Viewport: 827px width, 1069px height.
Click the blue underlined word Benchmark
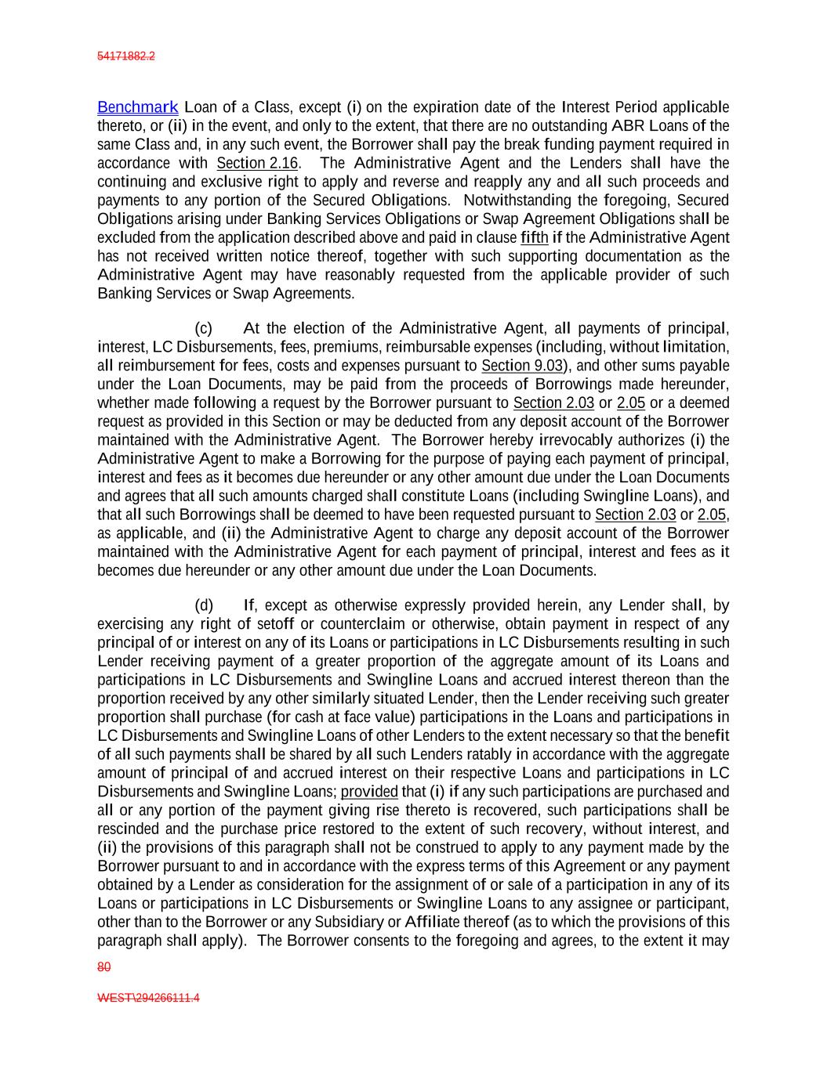pos(137,107)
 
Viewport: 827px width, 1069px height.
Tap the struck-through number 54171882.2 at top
pos(125,56)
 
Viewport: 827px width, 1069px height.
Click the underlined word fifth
pos(534,237)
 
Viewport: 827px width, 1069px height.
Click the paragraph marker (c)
pos(203,328)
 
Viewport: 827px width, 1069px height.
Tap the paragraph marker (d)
pos(203,605)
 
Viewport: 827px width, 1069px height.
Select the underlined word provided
pos(369,791)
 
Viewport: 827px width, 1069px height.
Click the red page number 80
pos(103,967)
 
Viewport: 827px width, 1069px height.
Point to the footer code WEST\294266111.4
pos(148,998)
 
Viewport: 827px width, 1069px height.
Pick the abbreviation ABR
pos(628,126)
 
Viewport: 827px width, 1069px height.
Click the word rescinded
pos(128,829)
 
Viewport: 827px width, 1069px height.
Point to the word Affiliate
pos(436,922)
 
